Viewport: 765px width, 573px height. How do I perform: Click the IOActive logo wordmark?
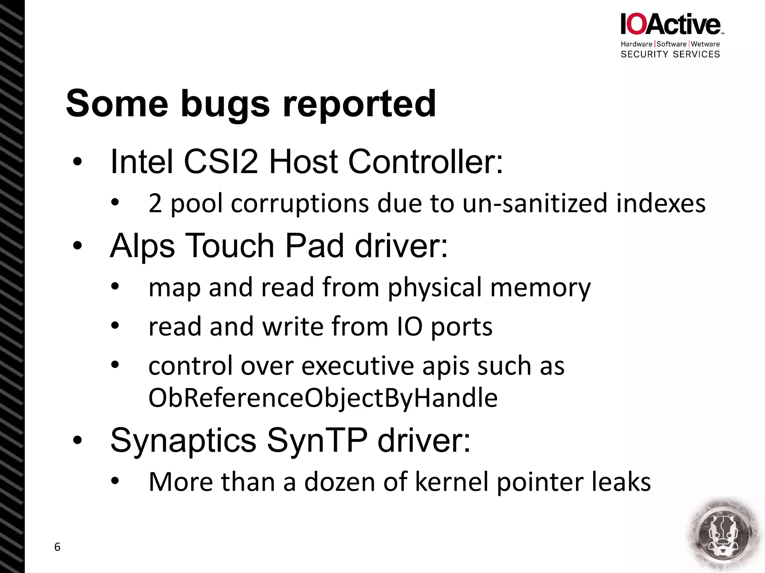tap(670, 24)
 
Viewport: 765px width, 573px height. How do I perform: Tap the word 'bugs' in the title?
tap(225, 104)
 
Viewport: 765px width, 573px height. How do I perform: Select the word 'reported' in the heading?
tap(359, 104)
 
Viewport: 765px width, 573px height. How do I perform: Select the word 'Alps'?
tap(142, 246)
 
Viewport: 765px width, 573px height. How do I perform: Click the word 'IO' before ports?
tap(409, 327)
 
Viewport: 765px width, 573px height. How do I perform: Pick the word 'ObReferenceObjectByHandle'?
tap(323, 398)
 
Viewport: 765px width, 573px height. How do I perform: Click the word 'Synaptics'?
tap(183, 441)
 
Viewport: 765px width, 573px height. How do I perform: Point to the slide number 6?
tap(57, 547)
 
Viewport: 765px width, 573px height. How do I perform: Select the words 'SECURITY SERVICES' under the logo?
tap(670, 54)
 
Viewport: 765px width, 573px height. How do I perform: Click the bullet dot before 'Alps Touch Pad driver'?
tap(77, 246)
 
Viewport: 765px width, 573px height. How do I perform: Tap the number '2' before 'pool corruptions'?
tap(155, 204)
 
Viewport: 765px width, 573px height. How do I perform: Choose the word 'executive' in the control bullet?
tap(357, 366)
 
